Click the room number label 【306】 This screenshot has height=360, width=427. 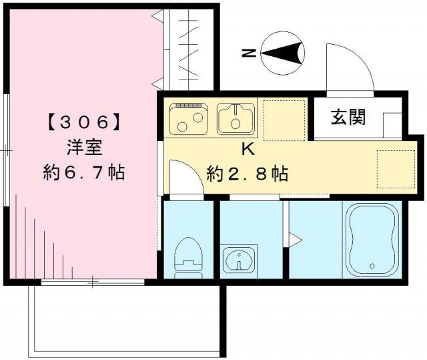83,122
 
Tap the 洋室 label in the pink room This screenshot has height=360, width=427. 83,147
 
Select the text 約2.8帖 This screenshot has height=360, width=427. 247,175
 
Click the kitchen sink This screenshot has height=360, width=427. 236,118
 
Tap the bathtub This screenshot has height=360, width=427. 370,239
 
